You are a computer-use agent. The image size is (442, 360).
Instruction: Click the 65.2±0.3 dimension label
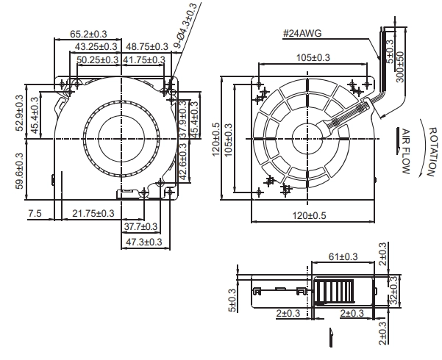[88, 34]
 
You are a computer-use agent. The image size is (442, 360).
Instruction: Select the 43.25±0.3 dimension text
[96, 46]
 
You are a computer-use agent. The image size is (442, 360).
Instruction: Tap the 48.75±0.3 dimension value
[147, 46]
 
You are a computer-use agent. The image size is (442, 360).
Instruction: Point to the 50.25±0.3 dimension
[98, 60]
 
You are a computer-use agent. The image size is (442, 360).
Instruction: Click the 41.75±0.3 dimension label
[144, 60]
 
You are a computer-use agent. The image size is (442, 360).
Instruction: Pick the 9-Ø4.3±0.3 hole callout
[185, 26]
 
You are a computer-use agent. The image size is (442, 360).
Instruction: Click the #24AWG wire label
[302, 34]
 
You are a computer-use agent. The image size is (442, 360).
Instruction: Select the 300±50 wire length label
[400, 67]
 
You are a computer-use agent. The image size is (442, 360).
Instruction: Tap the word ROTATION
[434, 152]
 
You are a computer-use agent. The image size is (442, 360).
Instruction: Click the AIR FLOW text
[406, 151]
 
